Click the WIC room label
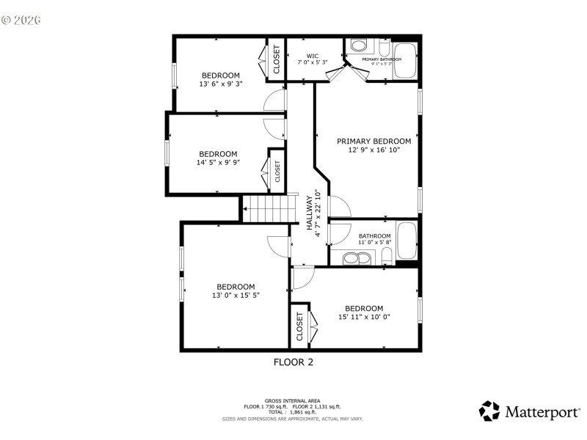coord(313,56)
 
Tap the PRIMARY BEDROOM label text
coord(373,141)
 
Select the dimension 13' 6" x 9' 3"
coord(220,84)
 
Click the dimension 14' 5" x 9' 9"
coord(218,163)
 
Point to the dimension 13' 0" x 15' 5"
coord(236,295)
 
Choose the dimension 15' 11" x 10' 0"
coord(364,317)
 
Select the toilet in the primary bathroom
coord(358,46)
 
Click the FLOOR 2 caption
coord(293,362)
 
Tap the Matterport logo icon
coord(490,411)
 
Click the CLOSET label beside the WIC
coord(277,60)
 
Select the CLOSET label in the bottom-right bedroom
coord(299,326)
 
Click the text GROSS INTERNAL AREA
coord(292,401)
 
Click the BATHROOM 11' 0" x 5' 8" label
coord(374,239)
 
